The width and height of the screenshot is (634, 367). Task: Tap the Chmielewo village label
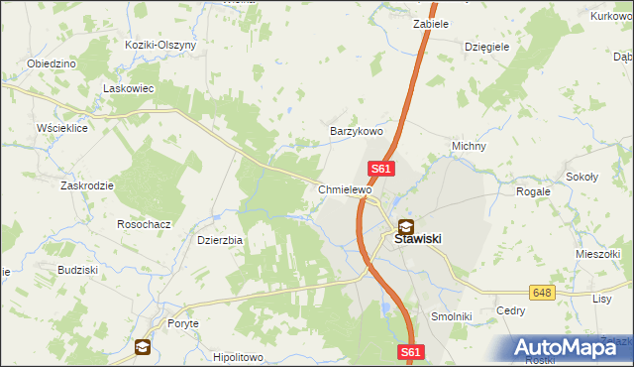[344, 189]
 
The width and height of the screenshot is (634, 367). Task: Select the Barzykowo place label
[356, 131]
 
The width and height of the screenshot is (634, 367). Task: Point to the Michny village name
[469, 146]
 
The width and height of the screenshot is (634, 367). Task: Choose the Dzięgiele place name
[486, 46]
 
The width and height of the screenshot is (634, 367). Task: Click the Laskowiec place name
[126, 87]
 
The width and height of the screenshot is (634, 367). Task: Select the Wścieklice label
[61, 129]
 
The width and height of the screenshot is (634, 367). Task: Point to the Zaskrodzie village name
[86, 185]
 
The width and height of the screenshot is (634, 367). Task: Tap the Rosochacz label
[145, 224]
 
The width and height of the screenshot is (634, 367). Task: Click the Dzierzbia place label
[220, 239]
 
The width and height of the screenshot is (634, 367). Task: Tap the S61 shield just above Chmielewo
[382, 170]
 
